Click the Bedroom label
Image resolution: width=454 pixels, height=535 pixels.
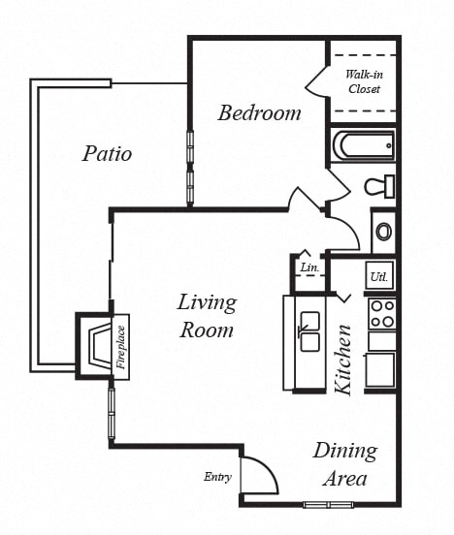coord(259,112)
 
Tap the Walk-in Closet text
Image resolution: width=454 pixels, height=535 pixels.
coord(363,81)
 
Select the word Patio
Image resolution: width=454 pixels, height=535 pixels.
coord(107,153)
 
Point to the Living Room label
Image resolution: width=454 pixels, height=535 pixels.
coord(206,315)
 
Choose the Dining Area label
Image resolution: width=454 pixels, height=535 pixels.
coord(344,464)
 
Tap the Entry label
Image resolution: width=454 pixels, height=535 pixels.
coord(217,477)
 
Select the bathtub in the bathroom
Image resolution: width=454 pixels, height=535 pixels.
coord(363,146)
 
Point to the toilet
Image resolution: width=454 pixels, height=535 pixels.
coord(378,186)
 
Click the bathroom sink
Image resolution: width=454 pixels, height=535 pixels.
coord(383,233)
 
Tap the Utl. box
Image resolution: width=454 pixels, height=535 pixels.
coord(379,276)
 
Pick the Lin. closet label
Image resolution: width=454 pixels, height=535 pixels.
coord(308,267)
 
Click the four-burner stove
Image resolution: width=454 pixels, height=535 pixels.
coord(381,313)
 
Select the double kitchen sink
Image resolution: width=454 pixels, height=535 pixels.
coord(310,330)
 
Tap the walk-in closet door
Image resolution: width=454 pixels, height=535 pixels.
coord(318,83)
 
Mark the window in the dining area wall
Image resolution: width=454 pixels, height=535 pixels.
coord(327,504)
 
